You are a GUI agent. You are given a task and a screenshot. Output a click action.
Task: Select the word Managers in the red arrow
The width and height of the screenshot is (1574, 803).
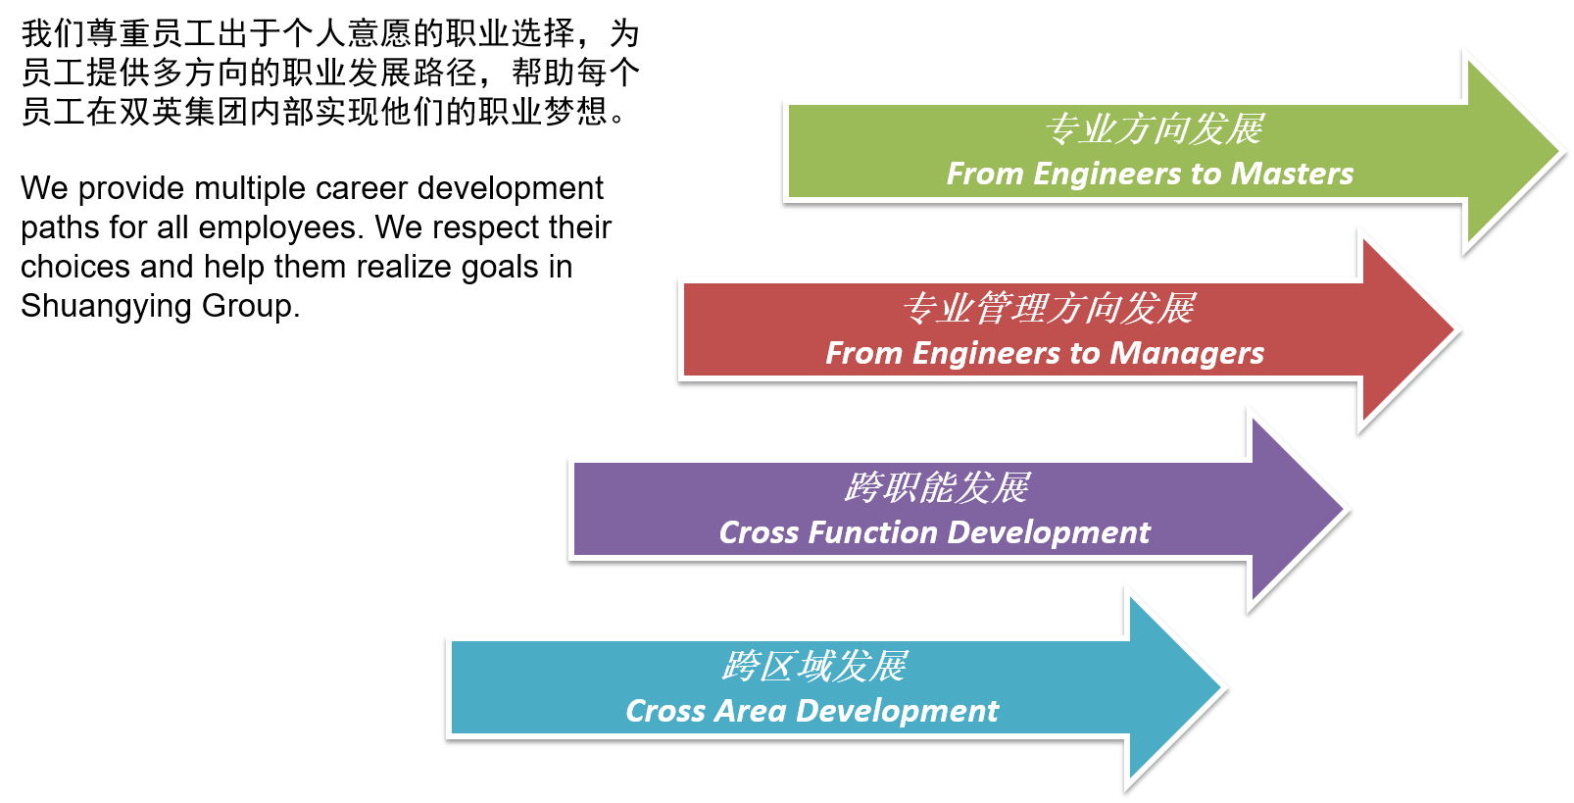[1187, 353]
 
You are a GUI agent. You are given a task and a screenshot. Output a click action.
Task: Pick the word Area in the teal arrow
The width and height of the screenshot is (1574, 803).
[750, 711]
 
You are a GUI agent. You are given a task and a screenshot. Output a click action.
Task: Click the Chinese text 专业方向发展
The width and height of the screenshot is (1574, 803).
[1154, 128]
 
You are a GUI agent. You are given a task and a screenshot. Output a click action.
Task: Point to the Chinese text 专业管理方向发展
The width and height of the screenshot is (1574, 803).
[1048, 308]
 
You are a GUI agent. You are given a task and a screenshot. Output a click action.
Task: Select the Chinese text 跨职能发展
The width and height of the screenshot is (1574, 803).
[936, 487]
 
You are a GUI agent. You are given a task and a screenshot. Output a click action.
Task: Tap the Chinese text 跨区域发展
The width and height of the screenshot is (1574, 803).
[813, 667]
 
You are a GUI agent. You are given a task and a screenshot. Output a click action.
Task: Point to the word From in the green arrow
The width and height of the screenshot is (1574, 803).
[985, 174]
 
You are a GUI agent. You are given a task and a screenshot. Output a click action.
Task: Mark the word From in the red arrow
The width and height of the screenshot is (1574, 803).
[863, 353]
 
